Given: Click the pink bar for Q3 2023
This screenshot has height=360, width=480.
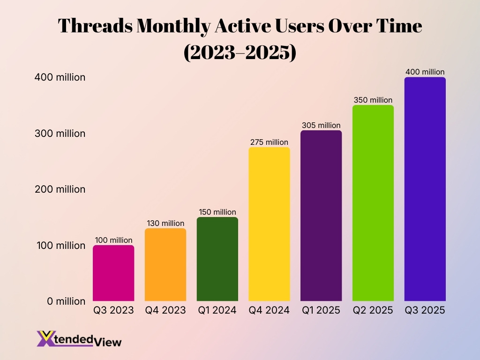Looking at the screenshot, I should (x=113, y=273).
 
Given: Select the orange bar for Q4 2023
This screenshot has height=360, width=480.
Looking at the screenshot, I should (x=165, y=264).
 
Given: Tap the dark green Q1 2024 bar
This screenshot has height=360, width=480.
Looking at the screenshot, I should (x=217, y=259).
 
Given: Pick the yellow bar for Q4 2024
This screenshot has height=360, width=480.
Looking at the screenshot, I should (x=269, y=224).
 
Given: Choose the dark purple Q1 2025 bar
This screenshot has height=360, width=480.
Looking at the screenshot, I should (x=321, y=216).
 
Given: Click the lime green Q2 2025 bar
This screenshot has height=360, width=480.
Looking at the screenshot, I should (x=373, y=203).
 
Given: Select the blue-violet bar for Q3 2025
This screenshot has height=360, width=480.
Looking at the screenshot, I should (x=425, y=189).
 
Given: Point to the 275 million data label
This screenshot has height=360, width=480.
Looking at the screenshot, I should (x=269, y=142).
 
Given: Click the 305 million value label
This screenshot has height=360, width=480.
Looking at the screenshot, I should (x=321, y=125).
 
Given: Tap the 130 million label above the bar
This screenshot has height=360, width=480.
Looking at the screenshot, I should (x=165, y=223).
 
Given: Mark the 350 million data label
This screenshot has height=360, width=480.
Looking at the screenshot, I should (x=373, y=100).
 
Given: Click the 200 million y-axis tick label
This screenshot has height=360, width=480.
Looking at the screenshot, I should (x=59, y=189).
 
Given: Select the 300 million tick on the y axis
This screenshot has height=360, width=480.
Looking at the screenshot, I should (x=59, y=134).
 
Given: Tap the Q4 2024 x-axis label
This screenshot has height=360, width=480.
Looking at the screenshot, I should (x=269, y=310).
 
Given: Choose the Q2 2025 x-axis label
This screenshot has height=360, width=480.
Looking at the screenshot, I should (x=373, y=310).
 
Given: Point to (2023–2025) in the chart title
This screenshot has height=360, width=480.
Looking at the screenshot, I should (x=240, y=53).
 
